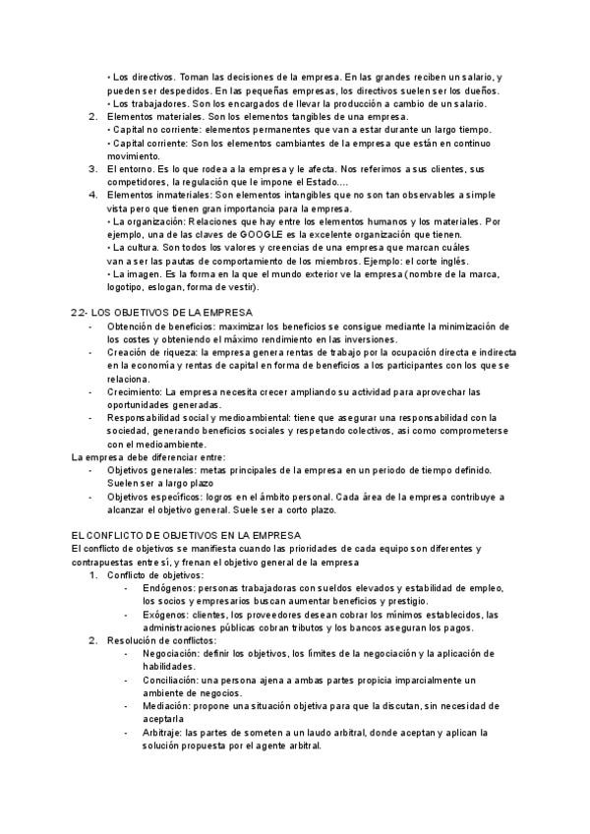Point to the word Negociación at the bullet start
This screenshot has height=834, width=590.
coord(169,653)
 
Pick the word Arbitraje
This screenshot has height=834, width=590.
coord(163,732)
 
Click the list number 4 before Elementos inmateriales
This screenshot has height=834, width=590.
coord(91,195)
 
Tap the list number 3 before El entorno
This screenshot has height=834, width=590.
coord(91,169)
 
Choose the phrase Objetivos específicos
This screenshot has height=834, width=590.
coord(152,497)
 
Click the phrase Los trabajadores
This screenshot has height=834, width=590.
coord(148,104)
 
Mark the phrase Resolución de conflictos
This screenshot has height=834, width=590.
coord(160,640)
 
